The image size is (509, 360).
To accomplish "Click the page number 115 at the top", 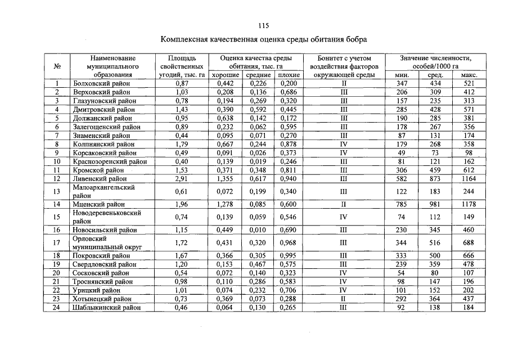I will coord(263,25).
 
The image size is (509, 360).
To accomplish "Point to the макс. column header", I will coord(469,75).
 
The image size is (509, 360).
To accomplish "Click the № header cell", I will coord(57,66).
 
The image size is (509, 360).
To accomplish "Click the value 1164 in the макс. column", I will coord(469,179).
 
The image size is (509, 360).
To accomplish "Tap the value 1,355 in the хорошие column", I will coord(225,179).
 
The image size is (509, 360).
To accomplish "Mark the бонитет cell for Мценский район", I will coord(344,204).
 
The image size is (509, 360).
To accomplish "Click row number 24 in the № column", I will coord(57,308).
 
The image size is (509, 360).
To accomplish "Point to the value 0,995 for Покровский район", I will coord(288,255).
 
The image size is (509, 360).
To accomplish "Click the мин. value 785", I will coord(401,204).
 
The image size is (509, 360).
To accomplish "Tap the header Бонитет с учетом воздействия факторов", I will coord(344,66).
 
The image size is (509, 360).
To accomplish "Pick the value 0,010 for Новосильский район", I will coord(256,230).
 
